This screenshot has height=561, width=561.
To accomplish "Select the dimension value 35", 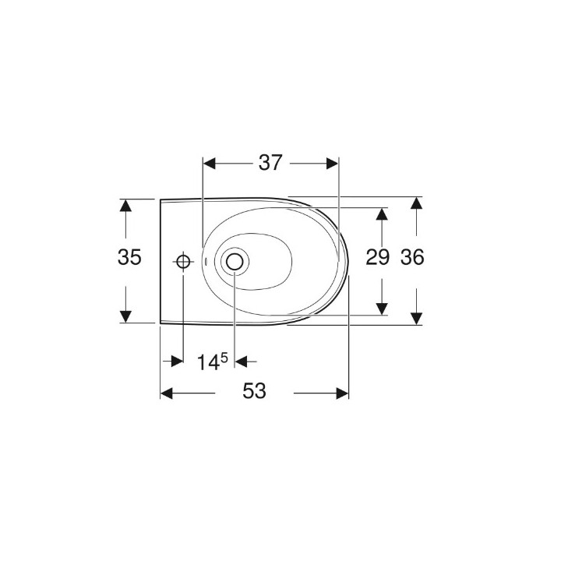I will (131, 258).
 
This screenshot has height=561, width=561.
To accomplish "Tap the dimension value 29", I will (378, 258).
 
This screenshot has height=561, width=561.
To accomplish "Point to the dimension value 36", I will (413, 258).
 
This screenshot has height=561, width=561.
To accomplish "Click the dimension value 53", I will (254, 392).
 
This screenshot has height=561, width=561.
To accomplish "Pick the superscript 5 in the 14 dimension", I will (224, 357).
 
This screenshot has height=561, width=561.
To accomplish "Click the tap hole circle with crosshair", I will (183, 262).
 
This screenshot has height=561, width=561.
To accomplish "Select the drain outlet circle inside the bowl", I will (234, 262).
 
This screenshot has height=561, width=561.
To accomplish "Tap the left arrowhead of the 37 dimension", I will (208, 163).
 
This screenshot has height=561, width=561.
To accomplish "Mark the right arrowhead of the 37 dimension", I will (333, 163).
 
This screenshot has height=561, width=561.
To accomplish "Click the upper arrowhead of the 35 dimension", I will (125, 205).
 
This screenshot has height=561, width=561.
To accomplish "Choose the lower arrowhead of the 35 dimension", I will (125, 316).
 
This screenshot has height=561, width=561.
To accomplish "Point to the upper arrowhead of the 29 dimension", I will (383, 213).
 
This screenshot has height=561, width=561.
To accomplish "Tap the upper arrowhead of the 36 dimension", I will (417, 203).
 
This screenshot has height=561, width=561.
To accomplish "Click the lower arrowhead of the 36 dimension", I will (417, 318).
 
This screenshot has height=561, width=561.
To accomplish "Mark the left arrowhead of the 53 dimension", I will (166, 393).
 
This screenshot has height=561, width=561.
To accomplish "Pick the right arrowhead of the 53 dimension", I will (342, 393).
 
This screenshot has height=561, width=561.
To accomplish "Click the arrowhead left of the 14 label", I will (177, 361).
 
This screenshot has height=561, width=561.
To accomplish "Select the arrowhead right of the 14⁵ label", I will (240, 361).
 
